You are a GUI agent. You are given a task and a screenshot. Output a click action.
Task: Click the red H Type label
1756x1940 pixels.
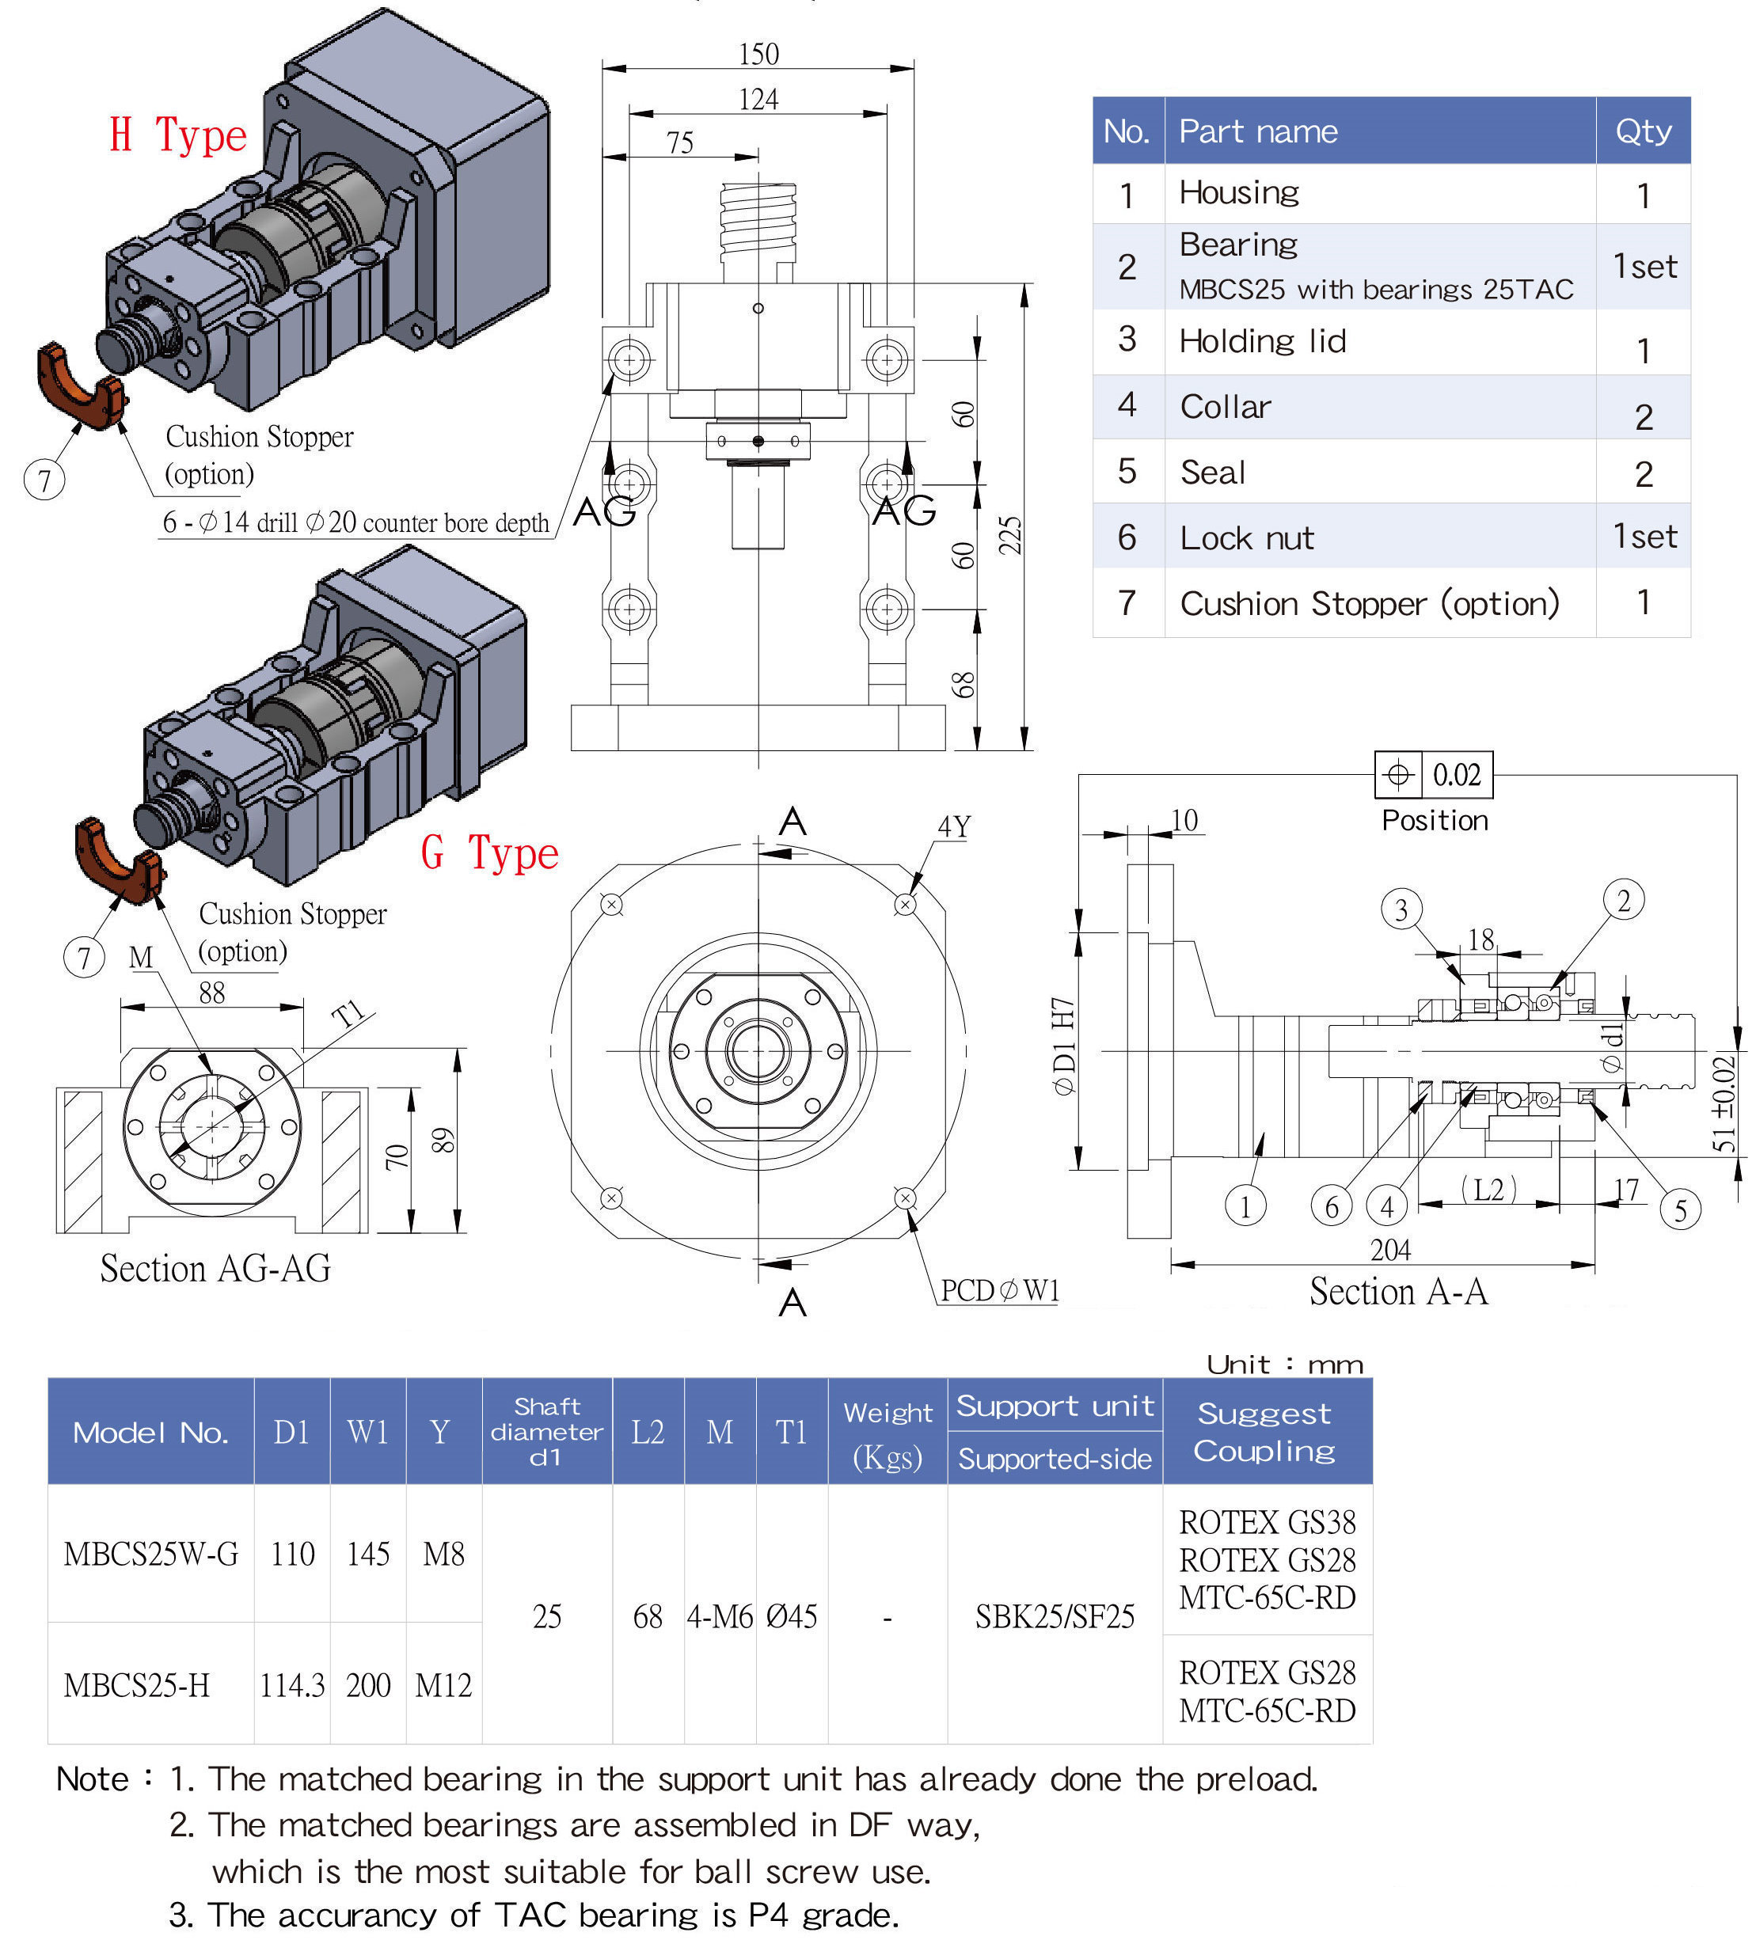(x=178, y=135)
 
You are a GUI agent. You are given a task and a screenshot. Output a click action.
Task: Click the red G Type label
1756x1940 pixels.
(x=489, y=853)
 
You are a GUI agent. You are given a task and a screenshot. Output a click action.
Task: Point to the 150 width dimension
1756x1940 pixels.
(x=758, y=55)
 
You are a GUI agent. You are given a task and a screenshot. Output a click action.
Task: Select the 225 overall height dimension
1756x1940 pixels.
(x=1009, y=535)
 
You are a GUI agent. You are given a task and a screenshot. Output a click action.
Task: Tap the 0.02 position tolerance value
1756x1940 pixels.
(x=1456, y=775)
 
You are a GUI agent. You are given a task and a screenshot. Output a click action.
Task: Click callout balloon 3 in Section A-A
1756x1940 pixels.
(x=1401, y=909)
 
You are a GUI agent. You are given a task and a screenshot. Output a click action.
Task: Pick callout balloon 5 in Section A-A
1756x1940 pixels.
(x=1679, y=1209)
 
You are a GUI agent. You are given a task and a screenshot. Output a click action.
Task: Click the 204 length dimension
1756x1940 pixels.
(x=1389, y=1250)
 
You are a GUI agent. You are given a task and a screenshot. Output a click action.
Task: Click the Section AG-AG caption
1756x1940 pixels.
(x=215, y=1268)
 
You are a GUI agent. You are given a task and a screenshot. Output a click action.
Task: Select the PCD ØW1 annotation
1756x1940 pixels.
(x=999, y=1290)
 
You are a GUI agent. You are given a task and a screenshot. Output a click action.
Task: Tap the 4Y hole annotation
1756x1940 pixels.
(x=953, y=826)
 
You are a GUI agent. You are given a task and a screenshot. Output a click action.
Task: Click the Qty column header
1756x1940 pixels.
(x=1643, y=131)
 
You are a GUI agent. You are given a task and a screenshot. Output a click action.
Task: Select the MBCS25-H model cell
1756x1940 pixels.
(x=137, y=1685)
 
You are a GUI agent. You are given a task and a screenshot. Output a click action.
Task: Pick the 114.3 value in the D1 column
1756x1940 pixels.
(x=291, y=1685)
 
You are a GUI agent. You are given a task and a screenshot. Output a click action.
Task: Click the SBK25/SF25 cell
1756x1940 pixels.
(x=1055, y=1616)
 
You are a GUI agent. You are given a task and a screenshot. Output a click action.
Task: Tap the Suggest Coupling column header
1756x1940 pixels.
(x=1264, y=1432)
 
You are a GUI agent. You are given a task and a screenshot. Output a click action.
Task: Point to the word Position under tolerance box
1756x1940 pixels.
(x=1434, y=821)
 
